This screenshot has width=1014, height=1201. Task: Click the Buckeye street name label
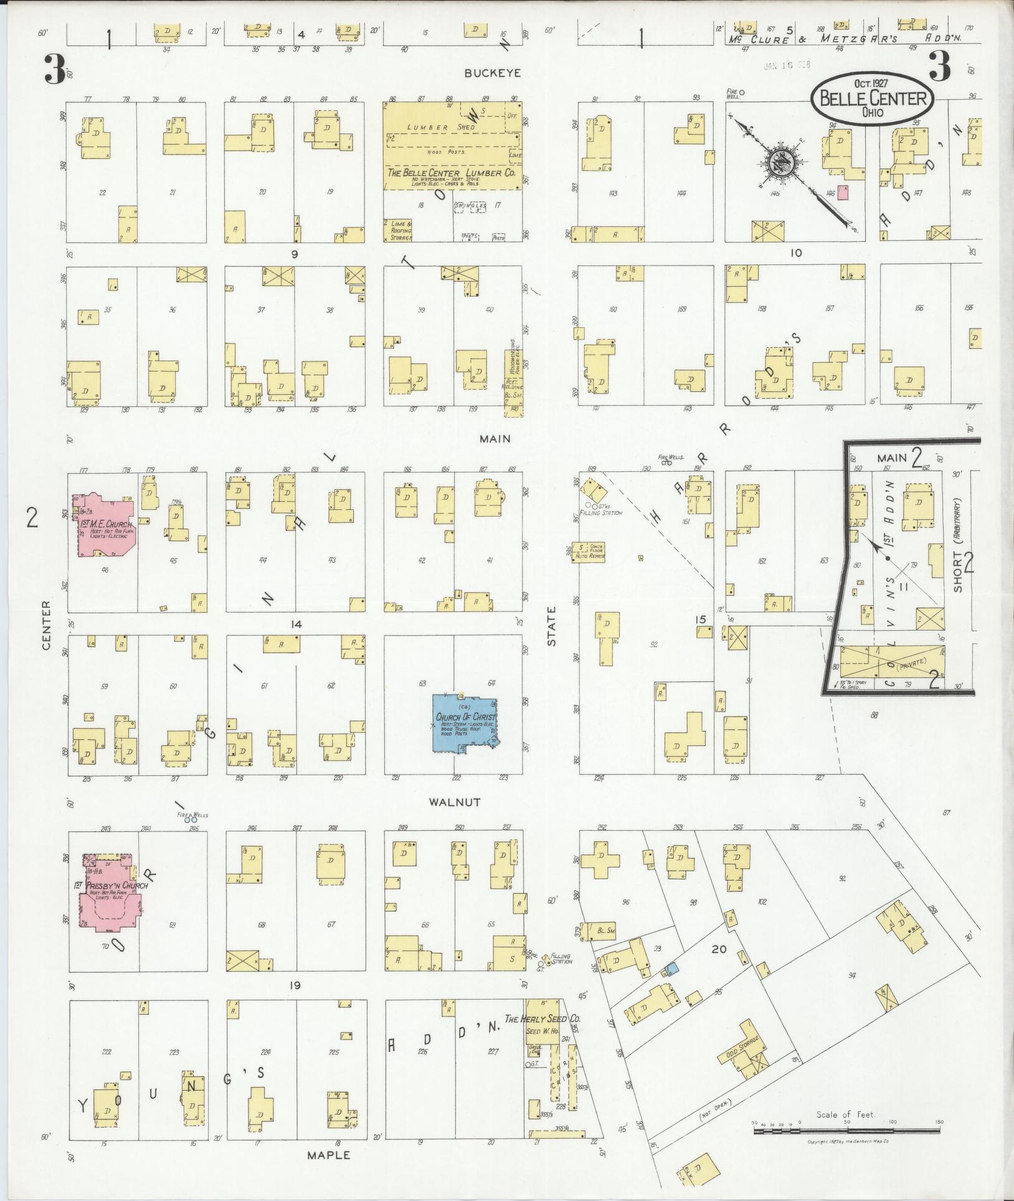tap(492, 73)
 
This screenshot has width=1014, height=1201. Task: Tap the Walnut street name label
tap(454, 802)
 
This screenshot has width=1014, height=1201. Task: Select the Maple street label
tap(328, 1155)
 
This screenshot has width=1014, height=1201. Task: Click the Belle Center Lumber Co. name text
tap(452, 173)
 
